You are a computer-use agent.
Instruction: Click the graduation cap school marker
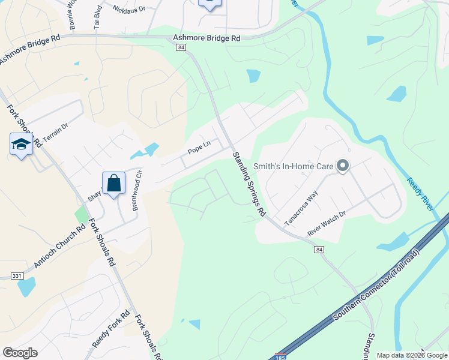(21, 145)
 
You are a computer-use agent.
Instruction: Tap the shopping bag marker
(113, 184)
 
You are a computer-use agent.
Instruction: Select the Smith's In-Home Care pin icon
(342, 166)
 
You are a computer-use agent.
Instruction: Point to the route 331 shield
(17, 276)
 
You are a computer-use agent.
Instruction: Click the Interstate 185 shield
(280, 356)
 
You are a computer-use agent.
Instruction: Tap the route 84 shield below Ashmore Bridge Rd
(181, 48)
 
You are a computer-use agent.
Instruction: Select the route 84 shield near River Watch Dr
(319, 249)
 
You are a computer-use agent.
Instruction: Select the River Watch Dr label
(327, 223)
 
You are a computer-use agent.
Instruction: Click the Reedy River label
(419, 194)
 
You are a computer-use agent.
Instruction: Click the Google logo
(20, 353)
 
